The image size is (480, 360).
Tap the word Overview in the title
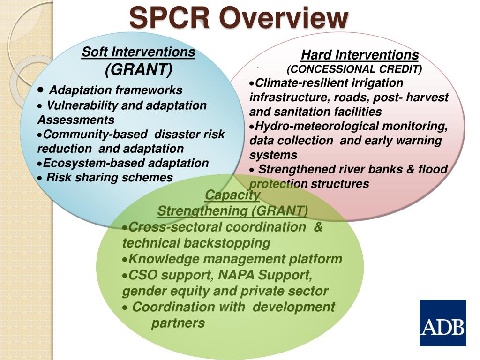(282, 18)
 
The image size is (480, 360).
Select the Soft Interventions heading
(138, 52)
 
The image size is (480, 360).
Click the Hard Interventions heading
(360, 55)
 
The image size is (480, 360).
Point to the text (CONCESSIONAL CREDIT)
(354, 69)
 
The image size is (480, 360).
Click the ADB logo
(442, 323)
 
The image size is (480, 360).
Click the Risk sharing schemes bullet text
(110, 178)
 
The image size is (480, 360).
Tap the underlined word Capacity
(232, 195)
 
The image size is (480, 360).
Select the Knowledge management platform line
(235, 259)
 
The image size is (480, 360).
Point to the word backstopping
(227, 243)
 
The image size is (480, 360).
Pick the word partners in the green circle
(178, 323)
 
